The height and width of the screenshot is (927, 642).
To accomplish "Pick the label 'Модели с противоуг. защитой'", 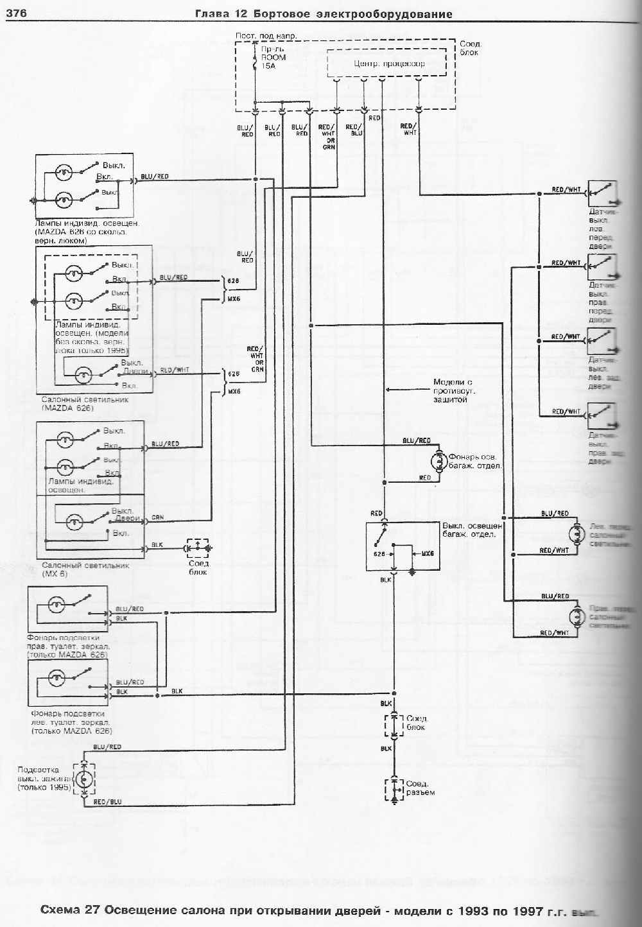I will [x=454, y=390].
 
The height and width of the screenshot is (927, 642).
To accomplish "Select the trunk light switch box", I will [x=403, y=546].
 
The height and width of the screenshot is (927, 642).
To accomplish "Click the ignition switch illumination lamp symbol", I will [x=84, y=779].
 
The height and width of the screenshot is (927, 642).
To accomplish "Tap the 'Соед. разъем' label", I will [x=421, y=788].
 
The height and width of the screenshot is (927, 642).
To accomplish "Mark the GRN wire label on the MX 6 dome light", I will [x=157, y=517].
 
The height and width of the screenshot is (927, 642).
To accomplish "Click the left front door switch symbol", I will [x=602, y=193].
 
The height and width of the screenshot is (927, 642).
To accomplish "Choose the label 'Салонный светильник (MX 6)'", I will [x=85, y=569].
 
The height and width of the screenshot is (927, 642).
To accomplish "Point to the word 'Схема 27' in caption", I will [x=70, y=910].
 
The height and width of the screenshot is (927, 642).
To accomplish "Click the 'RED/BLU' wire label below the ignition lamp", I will [x=107, y=802].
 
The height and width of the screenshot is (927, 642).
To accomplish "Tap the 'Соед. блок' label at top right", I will [x=471, y=48].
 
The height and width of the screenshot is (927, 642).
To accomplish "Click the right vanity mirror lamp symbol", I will [x=57, y=604].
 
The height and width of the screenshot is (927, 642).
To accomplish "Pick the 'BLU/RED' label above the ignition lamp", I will [x=107, y=747].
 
